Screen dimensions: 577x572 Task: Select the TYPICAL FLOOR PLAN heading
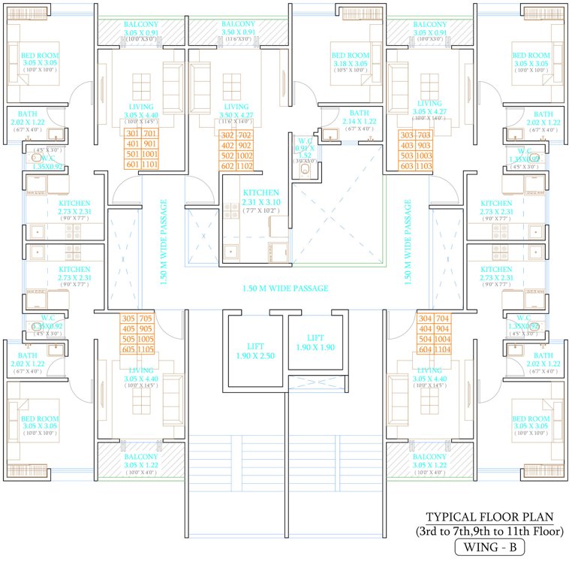pos(489,518)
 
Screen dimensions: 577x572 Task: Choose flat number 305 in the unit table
pos(128,318)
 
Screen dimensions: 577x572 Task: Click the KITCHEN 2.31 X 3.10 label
pos(260,198)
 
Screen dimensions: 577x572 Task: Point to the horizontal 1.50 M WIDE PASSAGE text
pos(285,288)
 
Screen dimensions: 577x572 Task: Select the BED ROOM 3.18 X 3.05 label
pos(351,60)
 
